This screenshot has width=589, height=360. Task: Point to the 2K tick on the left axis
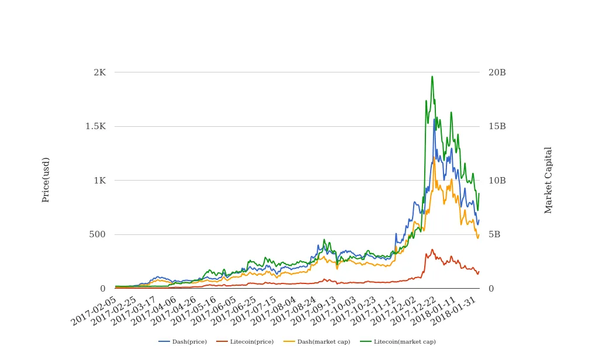pyautogui.click(x=99, y=72)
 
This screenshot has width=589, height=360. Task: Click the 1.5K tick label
pyautogui.click(x=95, y=126)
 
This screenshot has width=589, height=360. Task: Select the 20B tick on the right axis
pyautogui.click(x=497, y=72)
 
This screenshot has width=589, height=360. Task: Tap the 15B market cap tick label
pyautogui.click(x=497, y=126)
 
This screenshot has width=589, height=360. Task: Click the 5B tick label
pyautogui.click(x=494, y=234)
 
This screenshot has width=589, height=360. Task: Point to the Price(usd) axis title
pyautogui.click(x=46, y=179)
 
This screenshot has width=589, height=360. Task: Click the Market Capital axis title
pyautogui.click(x=549, y=179)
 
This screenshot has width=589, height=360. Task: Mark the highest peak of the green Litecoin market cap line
pyautogui.click(x=432, y=77)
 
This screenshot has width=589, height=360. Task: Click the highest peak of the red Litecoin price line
pyautogui.click(x=432, y=250)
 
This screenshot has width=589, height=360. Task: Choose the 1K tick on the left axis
pyautogui.click(x=99, y=181)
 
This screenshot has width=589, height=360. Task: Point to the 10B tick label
pyautogui.click(x=497, y=181)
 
